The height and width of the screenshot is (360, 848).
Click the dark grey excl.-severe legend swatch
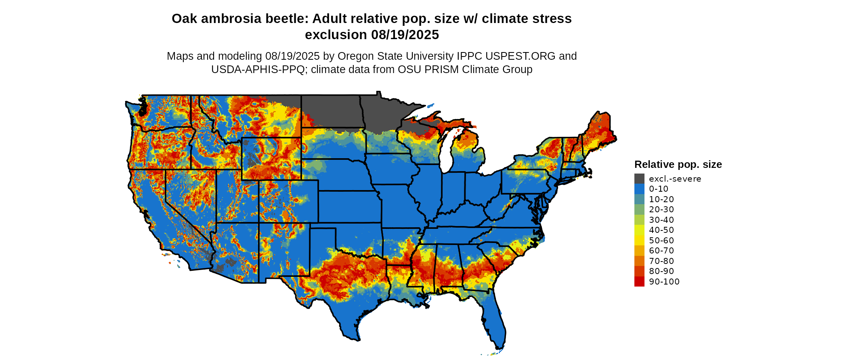[x=639, y=179]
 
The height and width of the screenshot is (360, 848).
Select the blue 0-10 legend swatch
[x=639, y=189]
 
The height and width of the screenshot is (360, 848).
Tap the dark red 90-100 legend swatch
[x=639, y=282]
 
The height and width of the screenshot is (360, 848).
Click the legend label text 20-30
[x=661, y=209]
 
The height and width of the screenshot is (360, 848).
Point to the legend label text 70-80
[x=661, y=261]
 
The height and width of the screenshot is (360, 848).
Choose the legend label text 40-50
[x=661, y=230]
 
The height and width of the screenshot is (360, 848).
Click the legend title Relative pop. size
[x=678, y=165]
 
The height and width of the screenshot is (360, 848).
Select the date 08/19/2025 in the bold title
[x=405, y=35]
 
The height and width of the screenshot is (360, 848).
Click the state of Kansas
[x=349, y=206]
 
